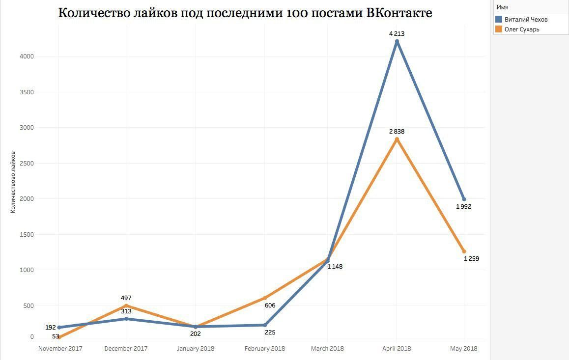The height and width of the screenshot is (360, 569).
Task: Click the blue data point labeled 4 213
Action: [397, 41]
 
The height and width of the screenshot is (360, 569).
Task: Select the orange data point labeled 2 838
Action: [397, 139]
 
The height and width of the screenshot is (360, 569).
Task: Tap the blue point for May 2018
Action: [464, 199]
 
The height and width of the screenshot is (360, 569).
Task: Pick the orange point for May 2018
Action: [464, 251]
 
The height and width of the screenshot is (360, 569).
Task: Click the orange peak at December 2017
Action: [126, 305]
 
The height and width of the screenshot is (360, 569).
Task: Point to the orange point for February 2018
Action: [265, 298]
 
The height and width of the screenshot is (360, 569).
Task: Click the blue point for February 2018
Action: [265, 325]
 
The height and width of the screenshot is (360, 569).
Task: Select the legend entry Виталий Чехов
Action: [526, 20]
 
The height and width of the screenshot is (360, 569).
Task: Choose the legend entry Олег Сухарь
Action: [522, 29]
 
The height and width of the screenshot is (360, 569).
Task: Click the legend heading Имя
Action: [502, 7]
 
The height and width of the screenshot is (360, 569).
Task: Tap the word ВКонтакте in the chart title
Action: [399, 13]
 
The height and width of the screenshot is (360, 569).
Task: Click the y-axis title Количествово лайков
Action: [13, 182]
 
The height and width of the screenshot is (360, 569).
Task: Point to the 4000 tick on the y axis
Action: [27, 56]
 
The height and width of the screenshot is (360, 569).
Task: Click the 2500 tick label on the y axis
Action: [27, 163]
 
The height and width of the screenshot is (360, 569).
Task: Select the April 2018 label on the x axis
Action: [396, 349]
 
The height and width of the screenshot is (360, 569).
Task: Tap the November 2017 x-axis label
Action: [60, 349]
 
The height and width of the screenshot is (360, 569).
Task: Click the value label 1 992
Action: [463, 207]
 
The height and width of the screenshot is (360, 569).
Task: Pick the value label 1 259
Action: [471, 259]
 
